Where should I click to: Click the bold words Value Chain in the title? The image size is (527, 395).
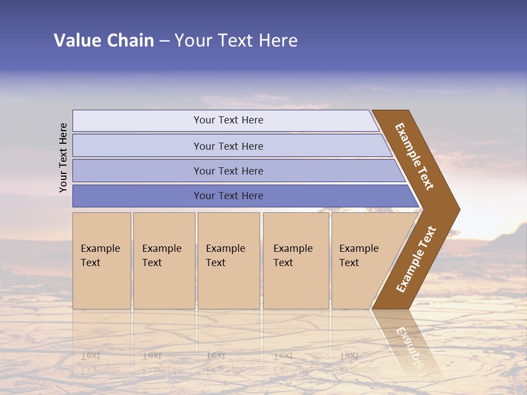(x=104, y=41)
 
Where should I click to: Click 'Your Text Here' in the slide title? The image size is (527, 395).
(x=236, y=41)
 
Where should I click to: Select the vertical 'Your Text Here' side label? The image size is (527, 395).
(x=63, y=157)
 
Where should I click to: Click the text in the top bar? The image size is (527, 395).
(x=228, y=120)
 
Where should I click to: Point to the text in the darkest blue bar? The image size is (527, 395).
(x=228, y=196)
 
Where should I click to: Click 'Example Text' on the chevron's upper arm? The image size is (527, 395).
(x=414, y=156)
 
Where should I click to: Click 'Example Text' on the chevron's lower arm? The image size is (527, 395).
(x=416, y=259)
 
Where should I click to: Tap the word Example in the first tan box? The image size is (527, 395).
(x=100, y=249)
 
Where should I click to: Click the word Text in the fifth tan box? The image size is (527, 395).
(x=349, y=263)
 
